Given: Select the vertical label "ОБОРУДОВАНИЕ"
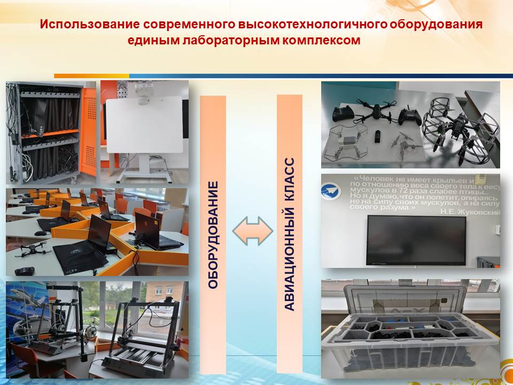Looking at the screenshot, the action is coord(213,235).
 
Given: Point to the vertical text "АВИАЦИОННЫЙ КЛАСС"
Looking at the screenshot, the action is coord(290,234).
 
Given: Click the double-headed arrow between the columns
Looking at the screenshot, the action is coord(253,231).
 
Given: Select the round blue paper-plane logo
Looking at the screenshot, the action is coord(331,191).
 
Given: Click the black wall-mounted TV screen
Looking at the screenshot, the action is coord(416,240).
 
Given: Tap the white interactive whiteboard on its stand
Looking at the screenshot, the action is coord(144,125).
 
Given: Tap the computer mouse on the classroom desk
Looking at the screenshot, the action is coord(40,233).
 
